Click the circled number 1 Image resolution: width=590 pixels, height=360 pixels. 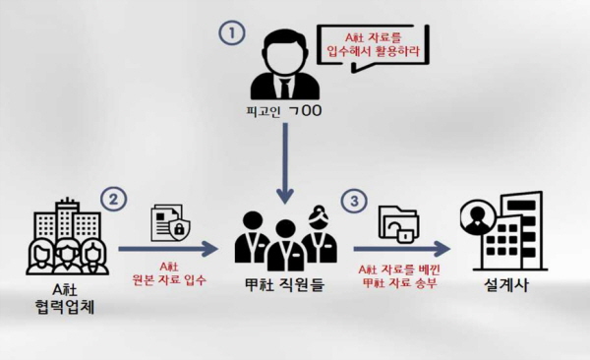point(232,32)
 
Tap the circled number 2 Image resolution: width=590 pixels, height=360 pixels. point(113,199)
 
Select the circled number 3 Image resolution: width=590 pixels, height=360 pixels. point(354,201)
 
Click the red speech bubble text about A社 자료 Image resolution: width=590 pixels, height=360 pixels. point(373,44)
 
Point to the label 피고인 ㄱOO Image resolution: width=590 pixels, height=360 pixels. point(283,111)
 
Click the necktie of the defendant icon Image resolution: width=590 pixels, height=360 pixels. point(285,87)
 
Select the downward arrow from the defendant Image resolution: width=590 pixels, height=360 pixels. point(285,163)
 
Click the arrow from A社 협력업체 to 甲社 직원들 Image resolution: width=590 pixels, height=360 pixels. point(168,249)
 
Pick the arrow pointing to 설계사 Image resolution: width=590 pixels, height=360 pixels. point(402,249)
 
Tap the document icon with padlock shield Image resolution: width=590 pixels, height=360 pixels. point(170,222)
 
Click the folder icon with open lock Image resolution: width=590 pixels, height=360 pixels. point(399,224)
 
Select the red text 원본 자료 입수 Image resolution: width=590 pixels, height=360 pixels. point(169,280)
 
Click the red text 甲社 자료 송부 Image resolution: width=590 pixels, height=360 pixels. point(399,283)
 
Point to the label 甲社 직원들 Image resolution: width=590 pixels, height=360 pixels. point(284,284)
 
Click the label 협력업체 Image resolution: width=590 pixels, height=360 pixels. point(64,307)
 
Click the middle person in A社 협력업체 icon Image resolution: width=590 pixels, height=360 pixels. point(67,255)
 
